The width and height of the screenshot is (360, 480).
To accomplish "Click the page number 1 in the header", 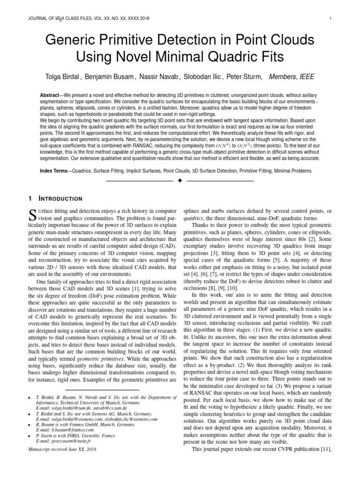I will (x=331, y=19).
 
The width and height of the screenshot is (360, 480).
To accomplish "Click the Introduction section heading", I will (x=59, y=199).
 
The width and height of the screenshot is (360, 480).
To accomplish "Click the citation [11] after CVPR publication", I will (x=325, y=450).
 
